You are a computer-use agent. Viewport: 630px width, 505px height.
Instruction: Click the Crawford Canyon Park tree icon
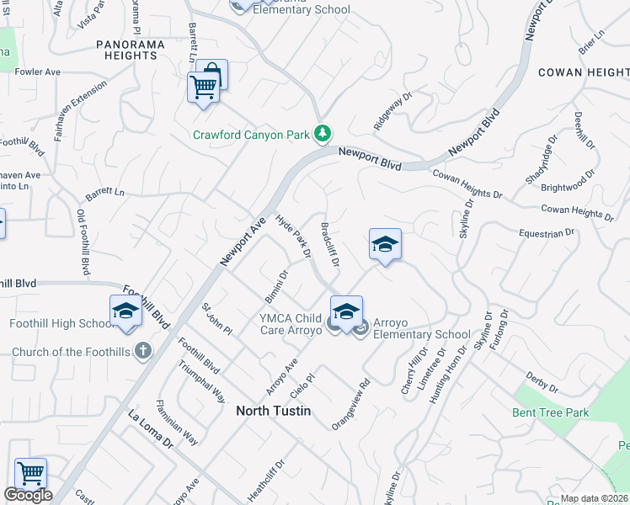322,134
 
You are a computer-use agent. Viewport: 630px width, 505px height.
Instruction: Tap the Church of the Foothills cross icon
143,351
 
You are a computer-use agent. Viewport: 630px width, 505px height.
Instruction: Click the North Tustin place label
274,411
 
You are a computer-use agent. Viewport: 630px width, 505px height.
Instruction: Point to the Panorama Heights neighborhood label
126,50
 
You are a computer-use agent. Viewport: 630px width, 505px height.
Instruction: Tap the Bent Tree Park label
551,412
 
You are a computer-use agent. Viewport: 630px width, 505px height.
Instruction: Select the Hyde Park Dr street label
295,235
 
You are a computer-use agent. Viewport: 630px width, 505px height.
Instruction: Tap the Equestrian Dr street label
547,231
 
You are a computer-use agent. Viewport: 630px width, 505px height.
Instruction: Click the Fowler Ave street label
37,72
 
